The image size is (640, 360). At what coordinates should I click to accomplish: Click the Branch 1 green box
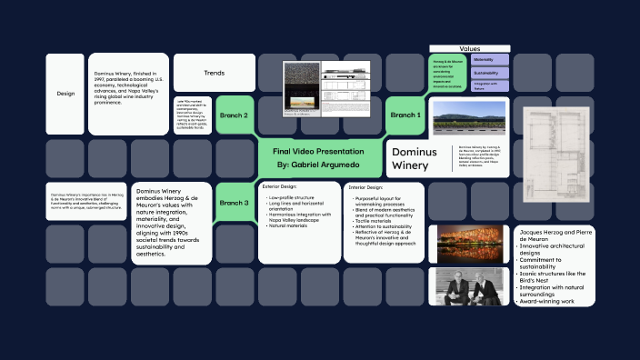pyautogui.click(x=405, y=115)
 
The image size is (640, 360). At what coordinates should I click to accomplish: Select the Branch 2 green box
pyautogui.click(x=234, y=115)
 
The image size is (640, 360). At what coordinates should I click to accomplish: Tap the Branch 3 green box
pyautogui.click(x=234, y=203)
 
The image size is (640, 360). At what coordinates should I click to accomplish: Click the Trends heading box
pyautogui.click(x=215, y=73)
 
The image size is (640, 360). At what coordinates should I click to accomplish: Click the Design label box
pyautogui.click(x=65, y=94)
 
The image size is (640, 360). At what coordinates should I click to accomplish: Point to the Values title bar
pyautogui.click(x=469, y=48)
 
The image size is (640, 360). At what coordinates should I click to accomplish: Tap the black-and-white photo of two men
pyautogui.click(x=469, y=285)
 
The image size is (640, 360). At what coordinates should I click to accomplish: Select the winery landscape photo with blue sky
pyautogui.click(x=469, y=115)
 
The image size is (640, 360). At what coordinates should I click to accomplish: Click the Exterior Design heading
pyautogui.click(x=280, y=186)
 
